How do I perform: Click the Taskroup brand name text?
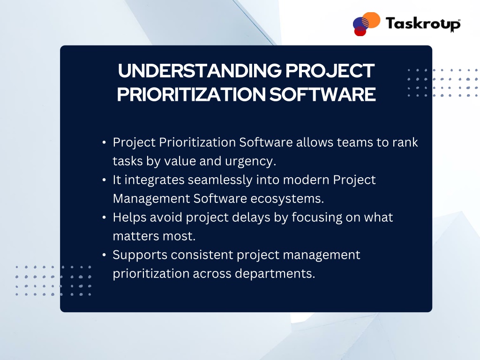(x=423, y=24)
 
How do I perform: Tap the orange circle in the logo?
(x=371, y=20)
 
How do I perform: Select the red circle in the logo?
(x=360, y=31)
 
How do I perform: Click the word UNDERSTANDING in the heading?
(x=200, y=71)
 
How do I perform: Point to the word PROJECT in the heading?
(x=330, y=71)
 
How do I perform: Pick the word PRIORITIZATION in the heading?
(x=191, y=94)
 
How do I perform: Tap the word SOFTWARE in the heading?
(x=322, y=94)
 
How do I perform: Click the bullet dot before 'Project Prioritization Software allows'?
(x=104, y=142)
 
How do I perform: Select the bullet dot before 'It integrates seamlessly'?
(x=104, y=180)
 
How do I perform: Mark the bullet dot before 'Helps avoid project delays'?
(x=104, y=217)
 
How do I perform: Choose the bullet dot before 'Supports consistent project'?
(x=104, y=255)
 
